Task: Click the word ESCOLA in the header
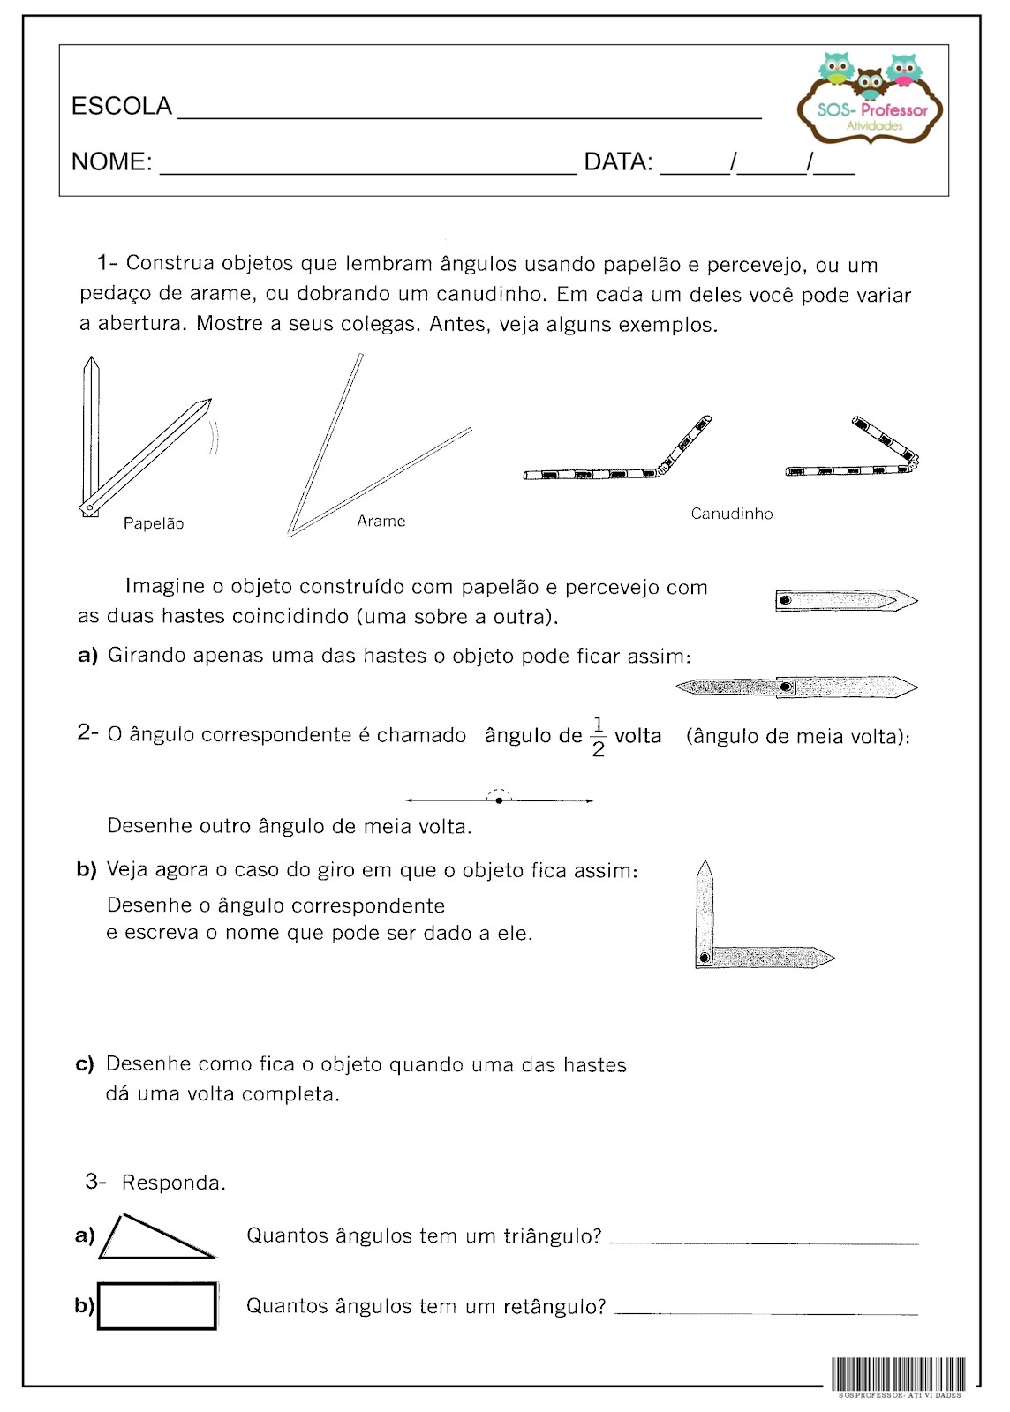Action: (x=121, y=107)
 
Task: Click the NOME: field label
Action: (x=111, y=162)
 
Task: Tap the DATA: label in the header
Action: (x=618, y=162)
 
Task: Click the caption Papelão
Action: (x=154, y=523)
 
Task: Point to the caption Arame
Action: (x=381, y=522)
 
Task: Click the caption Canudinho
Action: (x=732, y=514)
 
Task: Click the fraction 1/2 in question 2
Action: (x=598, y=737)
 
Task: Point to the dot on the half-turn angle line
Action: (x=500, y=800)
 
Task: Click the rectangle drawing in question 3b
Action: (x=157, y=1306)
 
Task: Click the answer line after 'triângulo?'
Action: (x=764, y=1243)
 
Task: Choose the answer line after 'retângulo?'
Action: (x=766, y=1313)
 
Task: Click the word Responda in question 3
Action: (x=173, y=1183)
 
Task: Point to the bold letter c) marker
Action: (x=85, y=1065)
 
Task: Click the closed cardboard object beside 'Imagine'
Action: (x=846, y=601)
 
